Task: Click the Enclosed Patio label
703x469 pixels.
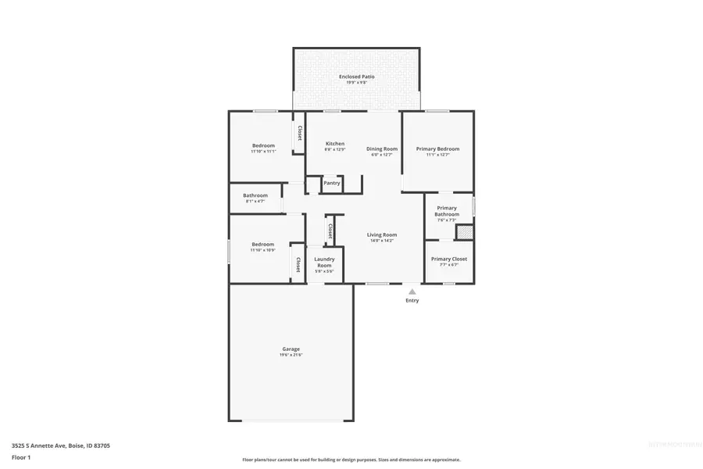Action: pyautogui.click(x=356, y=77)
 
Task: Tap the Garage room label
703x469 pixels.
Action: pyautogui.click(x=291, y=349)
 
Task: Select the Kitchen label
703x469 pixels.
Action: pyautogui.click(x=335, y=144)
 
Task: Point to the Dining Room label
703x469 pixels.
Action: pyautogui.click(x=382, y=149)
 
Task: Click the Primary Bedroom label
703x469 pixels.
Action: pyautogui.click(x=437, y=149)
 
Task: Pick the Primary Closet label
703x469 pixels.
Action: pyautogui.click(x=449, y=259)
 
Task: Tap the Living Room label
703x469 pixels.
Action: pyautogui.click(x=383, y=234)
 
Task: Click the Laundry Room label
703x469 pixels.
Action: pyautogui.click(x=324, y=262)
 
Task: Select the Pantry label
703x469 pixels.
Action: pyautogui.click(x=332, y=183)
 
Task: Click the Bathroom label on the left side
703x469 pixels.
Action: pyautogui.click(x=255, y=195)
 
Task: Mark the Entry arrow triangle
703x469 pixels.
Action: pyautogui.click(x=412, y=292)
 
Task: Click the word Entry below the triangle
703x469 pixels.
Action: pyautogui.click(x=412, y=301)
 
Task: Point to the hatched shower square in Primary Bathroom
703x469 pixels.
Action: pyautogui.click(x=465, y=231)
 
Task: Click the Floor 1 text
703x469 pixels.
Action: pyautogui.click(x=20, y=456)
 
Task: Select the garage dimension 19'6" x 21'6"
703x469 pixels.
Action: pyautogui.click(x=291, y=355)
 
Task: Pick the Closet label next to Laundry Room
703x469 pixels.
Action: pyautogui.click(x=330, y=231)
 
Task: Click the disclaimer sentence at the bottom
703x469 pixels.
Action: pyautogui.click(x=351, y=460)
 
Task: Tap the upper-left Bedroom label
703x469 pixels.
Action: pyautogui.click(x=263, y=146)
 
